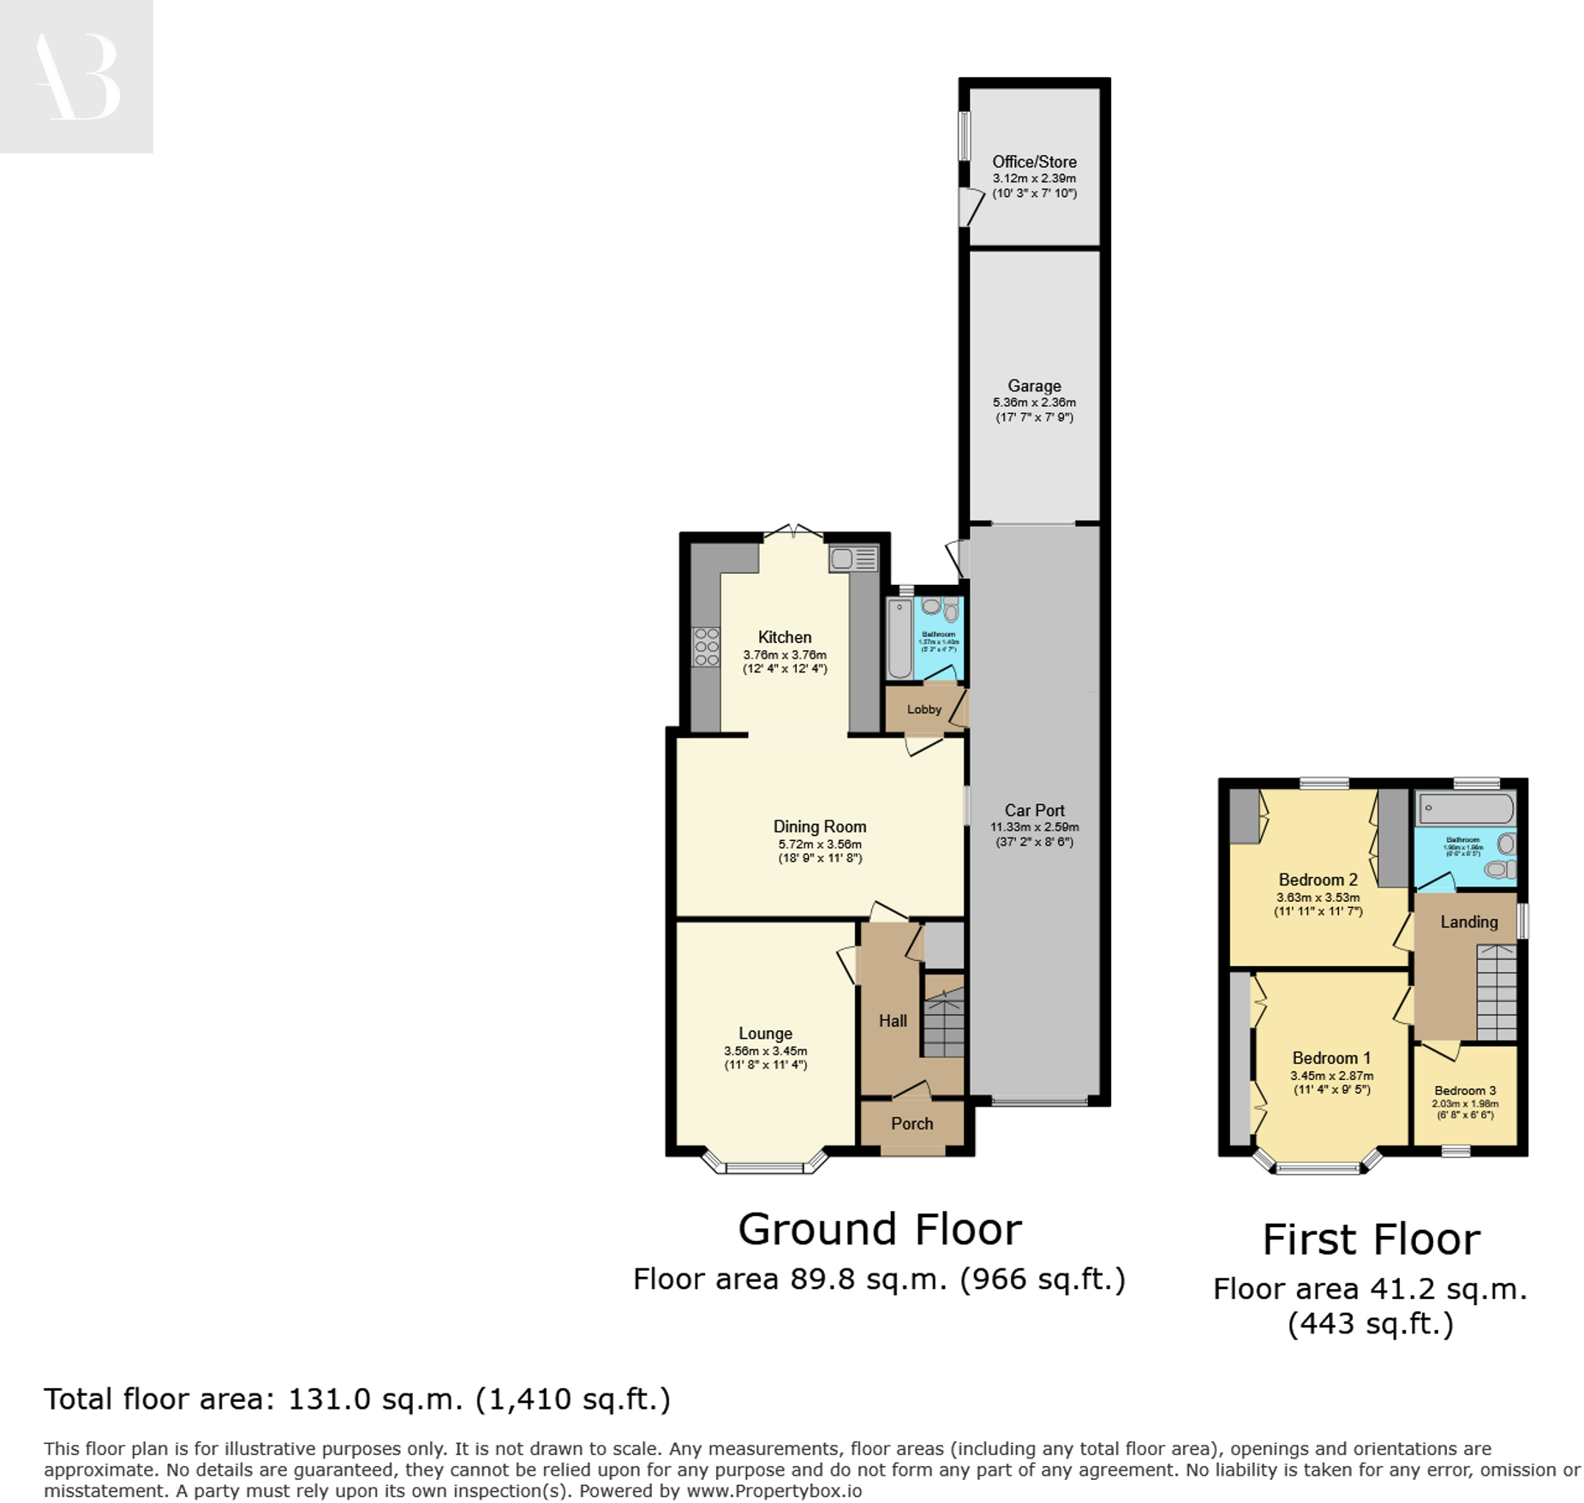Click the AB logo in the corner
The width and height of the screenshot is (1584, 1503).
[x=76, y=76]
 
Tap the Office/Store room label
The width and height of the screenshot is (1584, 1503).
[x=1033, y=162]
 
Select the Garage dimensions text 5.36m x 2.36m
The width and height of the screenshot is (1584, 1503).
[x=1033, y=403]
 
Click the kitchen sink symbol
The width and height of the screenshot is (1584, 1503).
[x=852, y=559]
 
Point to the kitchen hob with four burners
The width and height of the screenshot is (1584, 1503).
[x=705, y=647]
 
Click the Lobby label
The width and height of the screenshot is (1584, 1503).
[x=924, y=709]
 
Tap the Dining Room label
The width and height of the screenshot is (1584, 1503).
[x=819, y=826]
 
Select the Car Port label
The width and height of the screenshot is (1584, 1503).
[x=1034, y=810]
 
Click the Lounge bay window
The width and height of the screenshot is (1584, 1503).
[x=764, y=1166]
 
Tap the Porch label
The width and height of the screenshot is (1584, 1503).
[x=912, y=1124]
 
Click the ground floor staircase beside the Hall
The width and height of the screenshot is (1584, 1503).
[x=943, y=1024]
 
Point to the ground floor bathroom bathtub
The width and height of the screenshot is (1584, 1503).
[x=899, y=639]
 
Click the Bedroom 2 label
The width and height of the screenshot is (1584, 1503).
[x=1317, y=880]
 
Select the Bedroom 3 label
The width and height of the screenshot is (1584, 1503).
[x=1464, y=1090]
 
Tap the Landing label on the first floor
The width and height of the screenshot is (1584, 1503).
[x=1468, y=921]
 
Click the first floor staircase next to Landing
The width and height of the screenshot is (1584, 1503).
[x=1496, y=993]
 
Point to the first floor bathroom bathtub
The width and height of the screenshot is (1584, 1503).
[x=1465, y=808]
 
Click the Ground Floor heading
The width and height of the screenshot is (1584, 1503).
[x=879, y=1230]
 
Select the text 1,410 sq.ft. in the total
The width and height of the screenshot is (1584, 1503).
[x=572, y=1399]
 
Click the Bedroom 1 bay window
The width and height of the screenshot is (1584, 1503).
[x=1317, y=1166]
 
